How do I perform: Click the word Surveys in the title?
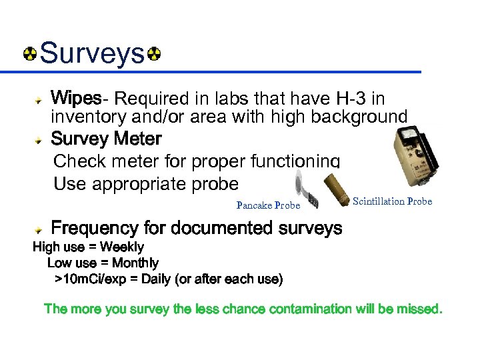click(x=92, y=53)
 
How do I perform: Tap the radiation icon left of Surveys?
click(x=30, y=53)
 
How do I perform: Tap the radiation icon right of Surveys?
click(x=153, y=53)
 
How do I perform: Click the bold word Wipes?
click(x=76, y=99)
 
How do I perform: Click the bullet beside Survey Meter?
click(x=41, y=140)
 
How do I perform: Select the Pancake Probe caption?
click(x=268, y=205)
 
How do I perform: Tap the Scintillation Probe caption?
click(x=392, y=201)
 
